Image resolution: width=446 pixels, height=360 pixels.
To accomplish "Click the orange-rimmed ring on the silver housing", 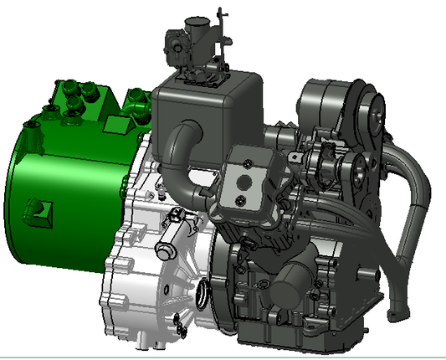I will [x=202, y=294].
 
